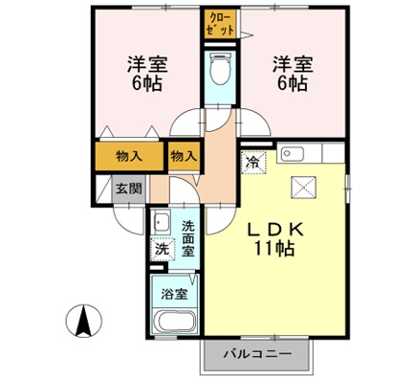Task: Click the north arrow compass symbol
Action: pos(85,319)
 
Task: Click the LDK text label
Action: pos(276,230)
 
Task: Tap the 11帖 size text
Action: pos(275,250)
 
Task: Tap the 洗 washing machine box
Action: pos(162,249)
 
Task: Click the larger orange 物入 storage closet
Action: pos(130,155)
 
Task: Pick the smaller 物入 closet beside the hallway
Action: pos(184,155)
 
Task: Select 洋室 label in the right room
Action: pos(292,64)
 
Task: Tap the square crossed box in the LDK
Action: pos(303,188)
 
